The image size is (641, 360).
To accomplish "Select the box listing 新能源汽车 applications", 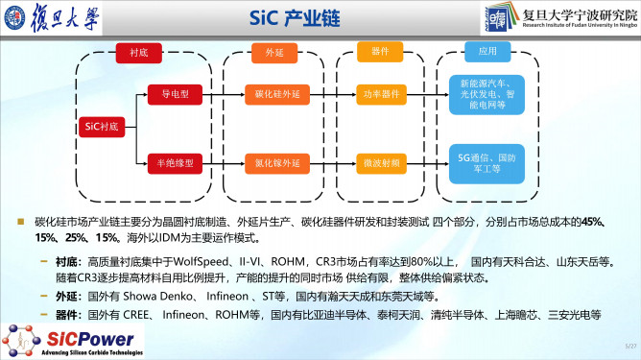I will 487,92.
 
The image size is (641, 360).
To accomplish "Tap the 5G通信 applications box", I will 487,159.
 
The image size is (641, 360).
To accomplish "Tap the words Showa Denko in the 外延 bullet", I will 150,295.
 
